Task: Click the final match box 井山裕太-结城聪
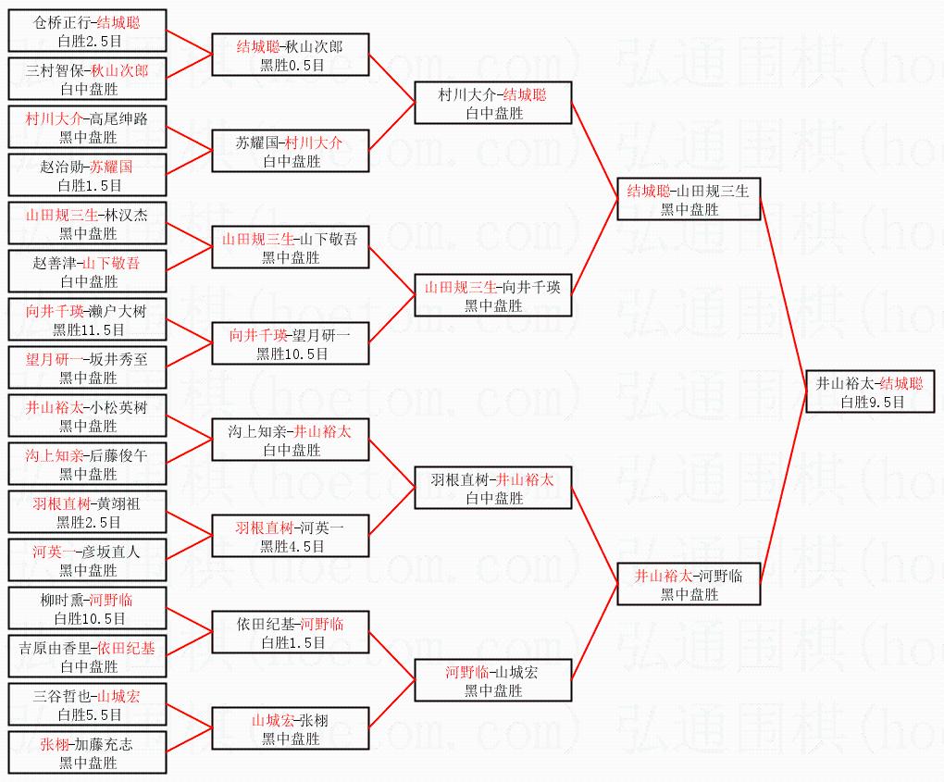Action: [x=870, y=392]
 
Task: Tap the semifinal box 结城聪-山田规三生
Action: [x=689, y=200]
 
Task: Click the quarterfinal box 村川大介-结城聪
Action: [x=493, y=104]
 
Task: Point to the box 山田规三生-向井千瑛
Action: [x=493, y=296]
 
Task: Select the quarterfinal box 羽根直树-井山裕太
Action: [x=493, y=489]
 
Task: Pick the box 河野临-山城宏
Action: [x=493, y=681]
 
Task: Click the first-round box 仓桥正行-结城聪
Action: [x=88, y=31]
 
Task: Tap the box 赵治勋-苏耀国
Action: [x=88, y=176]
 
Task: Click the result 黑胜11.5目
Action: [x=89, y=330]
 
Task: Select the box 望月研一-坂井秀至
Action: [x=88, y=368]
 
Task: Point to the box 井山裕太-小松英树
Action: [x=88, y=416]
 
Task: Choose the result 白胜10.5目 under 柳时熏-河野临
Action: [x=89, y=619]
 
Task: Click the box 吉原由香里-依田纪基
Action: [x=88, y=657]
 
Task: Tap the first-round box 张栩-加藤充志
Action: [x=88, y=753]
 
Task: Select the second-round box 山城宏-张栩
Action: [x=291, y=729]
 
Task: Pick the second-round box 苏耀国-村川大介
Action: [x=291, y=152]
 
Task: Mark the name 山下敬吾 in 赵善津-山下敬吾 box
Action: [x=111, y=264]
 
